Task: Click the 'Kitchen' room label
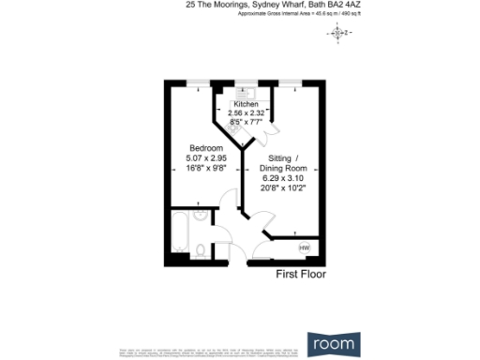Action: (247, 104)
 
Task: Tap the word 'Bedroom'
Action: (205, 149)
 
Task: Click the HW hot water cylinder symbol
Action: (303, 247)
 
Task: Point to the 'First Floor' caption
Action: (300, 275)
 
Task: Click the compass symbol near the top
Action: (338, 33)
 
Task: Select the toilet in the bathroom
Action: (202, 248)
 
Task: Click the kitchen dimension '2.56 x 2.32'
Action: (247, 112)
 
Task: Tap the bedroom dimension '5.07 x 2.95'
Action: (205, 158)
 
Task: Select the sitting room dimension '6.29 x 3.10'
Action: (284, 177)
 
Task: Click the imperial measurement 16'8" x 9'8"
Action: (205, 168)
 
